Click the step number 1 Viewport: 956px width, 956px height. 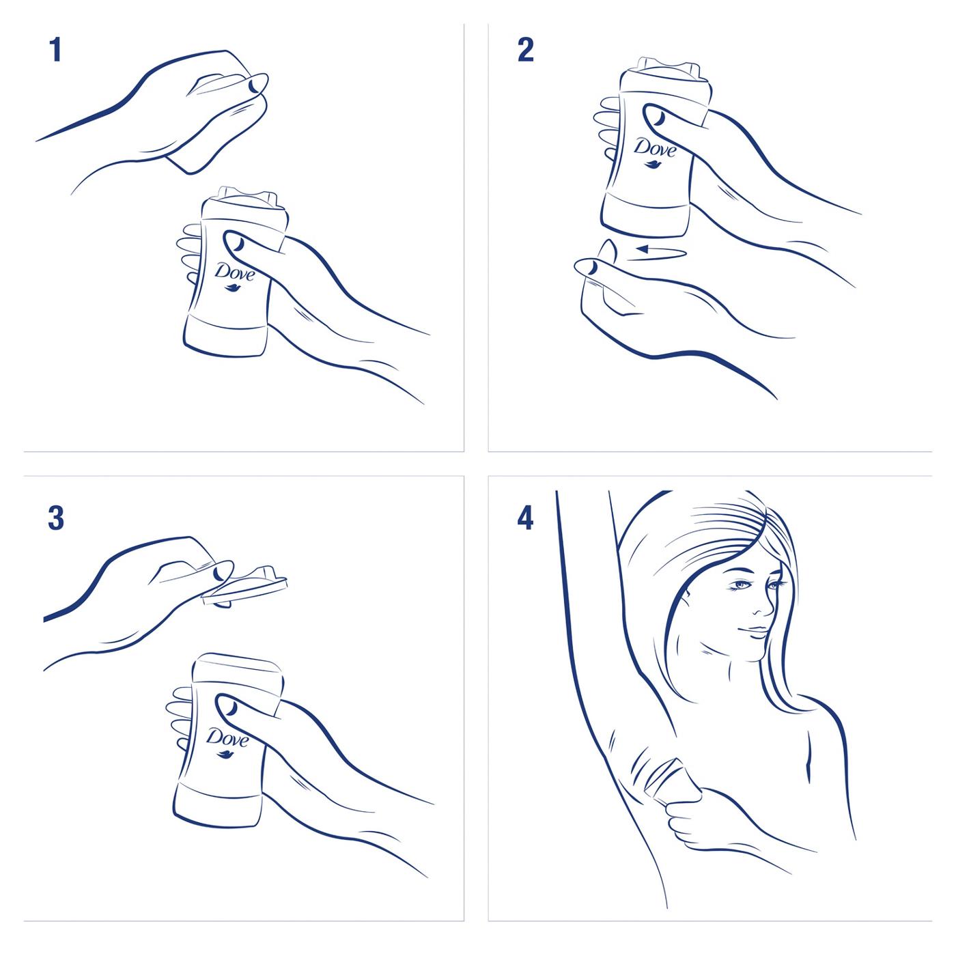(55, 51)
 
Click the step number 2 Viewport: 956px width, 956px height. (525, 51)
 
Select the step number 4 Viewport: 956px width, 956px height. (524, 518)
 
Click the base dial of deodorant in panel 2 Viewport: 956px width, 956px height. (644, 212)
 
